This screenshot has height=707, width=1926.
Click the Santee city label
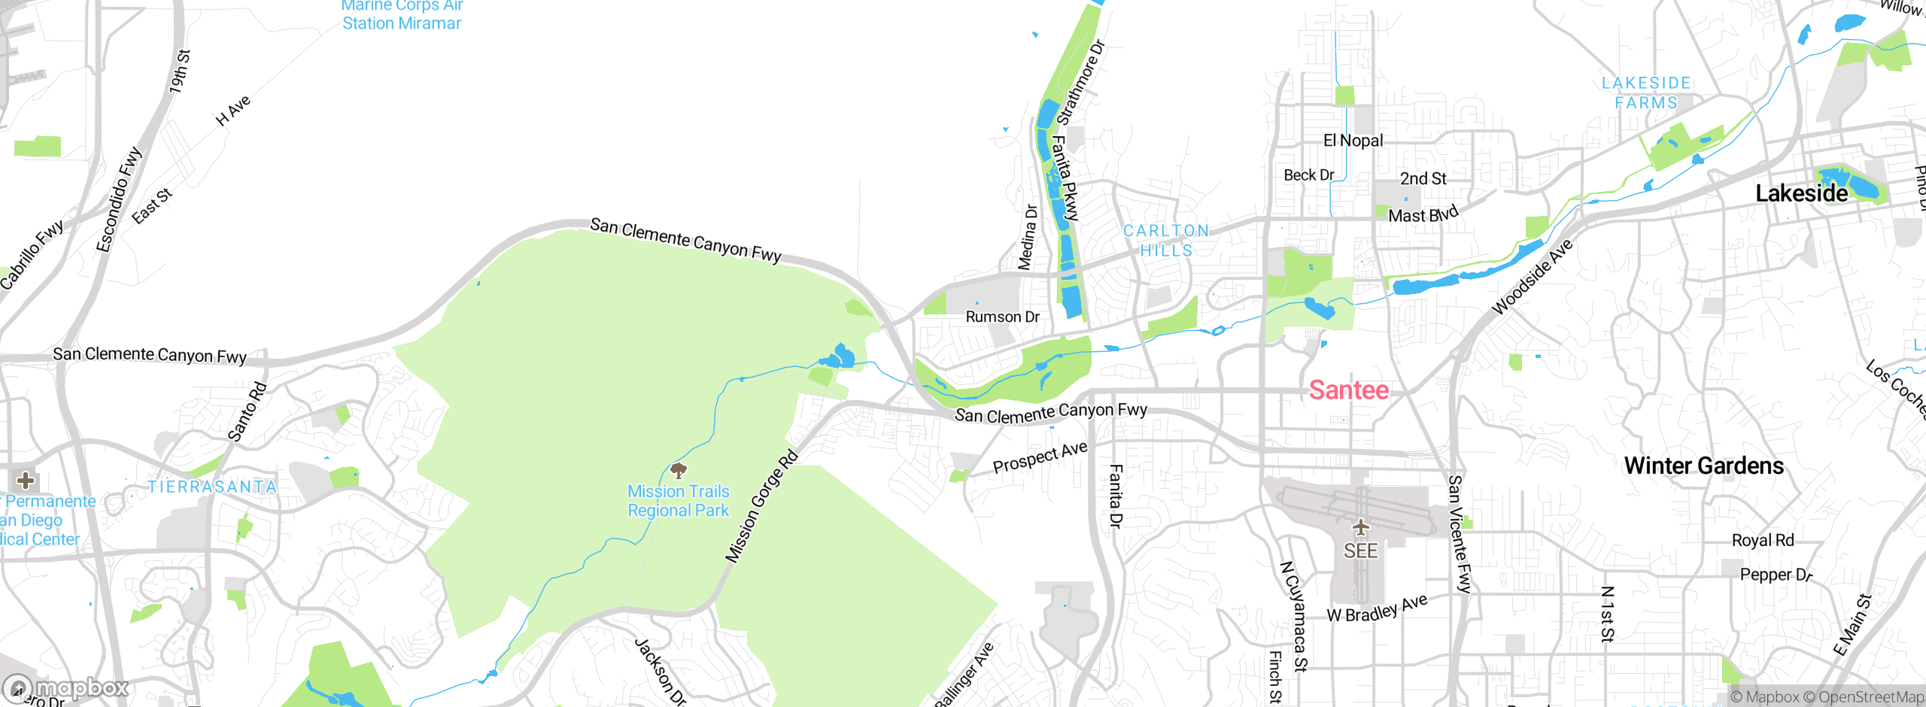point(1349,390)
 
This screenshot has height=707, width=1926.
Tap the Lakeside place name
point(1801,193)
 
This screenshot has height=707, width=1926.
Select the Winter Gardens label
point(1703,466)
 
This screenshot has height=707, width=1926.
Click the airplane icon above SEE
point(1360,526)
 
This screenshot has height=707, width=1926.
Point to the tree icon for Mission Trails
point(679,471)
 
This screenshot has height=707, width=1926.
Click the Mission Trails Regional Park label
point(679,501)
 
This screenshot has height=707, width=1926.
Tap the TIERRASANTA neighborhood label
point(212,487)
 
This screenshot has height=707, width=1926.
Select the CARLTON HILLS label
point(1166,241)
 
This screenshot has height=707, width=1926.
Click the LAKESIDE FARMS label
point(1646,93)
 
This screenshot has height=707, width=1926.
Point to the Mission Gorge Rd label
point(761,506)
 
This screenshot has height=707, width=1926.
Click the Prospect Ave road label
point(1040,457)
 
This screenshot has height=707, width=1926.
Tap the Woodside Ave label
point(1532,277)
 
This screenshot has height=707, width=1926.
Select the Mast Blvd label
point(1423,214)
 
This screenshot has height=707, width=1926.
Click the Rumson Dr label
point(1002,317)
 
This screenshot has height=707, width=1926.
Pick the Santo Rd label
point(247,411)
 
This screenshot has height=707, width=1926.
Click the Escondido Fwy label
point(119,199)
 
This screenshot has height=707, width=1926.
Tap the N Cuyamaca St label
point(1294,615)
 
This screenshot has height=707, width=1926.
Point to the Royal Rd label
point(1762,540)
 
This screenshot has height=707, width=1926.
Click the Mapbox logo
point(68,687)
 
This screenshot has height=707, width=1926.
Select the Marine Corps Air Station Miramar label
point(402,15)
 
